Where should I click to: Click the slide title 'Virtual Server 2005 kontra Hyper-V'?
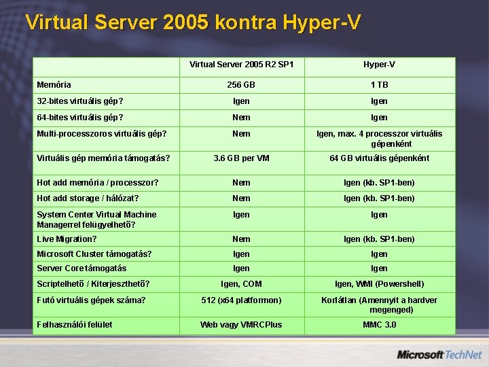click(x=192, y=22)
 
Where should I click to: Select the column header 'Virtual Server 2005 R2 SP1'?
click(x=241, y=65)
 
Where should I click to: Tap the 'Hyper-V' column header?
click(x=379, y=65)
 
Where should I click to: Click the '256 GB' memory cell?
click(x=241, y=85)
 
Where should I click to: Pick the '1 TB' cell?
click(x=379, y=85)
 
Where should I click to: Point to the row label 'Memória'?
click(x=54, y=85)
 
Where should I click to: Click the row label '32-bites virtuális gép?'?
click(x=79, y=101)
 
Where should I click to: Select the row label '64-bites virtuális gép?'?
click(x=79, y=118)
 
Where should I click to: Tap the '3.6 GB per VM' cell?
click(x=241, y=158)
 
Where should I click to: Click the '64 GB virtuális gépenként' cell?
click(x=379, y=158)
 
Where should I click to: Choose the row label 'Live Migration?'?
click(x=67, y=239)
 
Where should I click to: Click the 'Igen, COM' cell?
click(x=241, y=284)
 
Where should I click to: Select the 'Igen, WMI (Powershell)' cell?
click(x=379, y=284)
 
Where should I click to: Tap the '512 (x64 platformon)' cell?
click(x=241, y=300)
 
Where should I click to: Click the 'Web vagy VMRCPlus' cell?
click(x=241, y=325)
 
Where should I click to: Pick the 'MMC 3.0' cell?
click(x=379, y=325)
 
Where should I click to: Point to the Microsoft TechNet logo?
click(x=439, y=355)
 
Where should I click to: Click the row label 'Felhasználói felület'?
click(x=75, y=325)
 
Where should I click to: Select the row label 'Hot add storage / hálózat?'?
click(x=88, y=198)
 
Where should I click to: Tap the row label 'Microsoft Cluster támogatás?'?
click(x=94, y=254)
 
